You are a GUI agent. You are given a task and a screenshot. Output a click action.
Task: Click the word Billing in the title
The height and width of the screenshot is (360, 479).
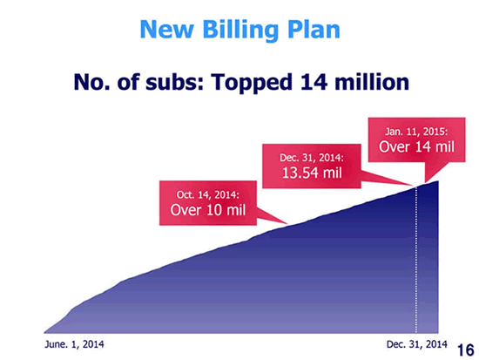240,31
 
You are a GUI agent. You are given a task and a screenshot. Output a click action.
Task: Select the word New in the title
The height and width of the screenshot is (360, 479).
167,30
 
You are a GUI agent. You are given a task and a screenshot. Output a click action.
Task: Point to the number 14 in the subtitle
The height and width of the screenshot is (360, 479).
314,82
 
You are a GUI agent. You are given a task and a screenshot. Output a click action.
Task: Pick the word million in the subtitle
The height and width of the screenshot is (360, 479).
372,82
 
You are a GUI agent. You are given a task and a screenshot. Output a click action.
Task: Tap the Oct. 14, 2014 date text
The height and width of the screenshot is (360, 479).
208,195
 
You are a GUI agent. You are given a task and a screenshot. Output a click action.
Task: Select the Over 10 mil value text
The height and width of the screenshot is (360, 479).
208,210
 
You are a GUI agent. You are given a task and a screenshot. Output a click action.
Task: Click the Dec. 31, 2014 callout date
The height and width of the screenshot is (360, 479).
312,158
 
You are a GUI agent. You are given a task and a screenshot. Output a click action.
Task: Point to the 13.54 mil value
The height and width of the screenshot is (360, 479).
312,173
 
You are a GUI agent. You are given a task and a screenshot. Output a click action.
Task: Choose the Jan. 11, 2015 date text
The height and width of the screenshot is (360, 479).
416,132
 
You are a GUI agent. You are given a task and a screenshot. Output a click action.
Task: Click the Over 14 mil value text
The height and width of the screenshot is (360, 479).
416,146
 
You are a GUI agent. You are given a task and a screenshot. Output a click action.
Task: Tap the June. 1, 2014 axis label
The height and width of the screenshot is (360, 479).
74,344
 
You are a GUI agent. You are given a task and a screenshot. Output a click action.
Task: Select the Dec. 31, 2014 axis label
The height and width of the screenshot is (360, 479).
416,344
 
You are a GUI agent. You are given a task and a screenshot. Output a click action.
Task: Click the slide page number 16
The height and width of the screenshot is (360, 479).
466,350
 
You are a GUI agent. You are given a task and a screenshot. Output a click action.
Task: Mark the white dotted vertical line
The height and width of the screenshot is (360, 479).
415,260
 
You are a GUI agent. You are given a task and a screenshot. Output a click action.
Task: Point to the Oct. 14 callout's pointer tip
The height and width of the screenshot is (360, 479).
287,224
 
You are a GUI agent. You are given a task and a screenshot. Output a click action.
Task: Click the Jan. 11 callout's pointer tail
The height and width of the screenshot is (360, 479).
425,183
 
